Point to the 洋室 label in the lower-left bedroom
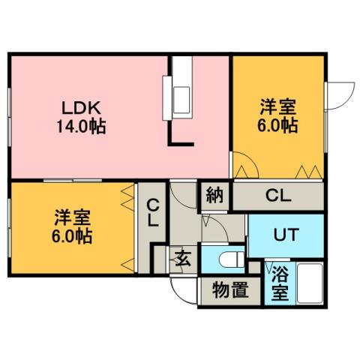72,219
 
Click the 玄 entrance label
182,260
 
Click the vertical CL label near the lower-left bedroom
152,212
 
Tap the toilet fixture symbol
228,259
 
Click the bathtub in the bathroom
309,285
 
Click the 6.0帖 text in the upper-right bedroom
278,125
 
